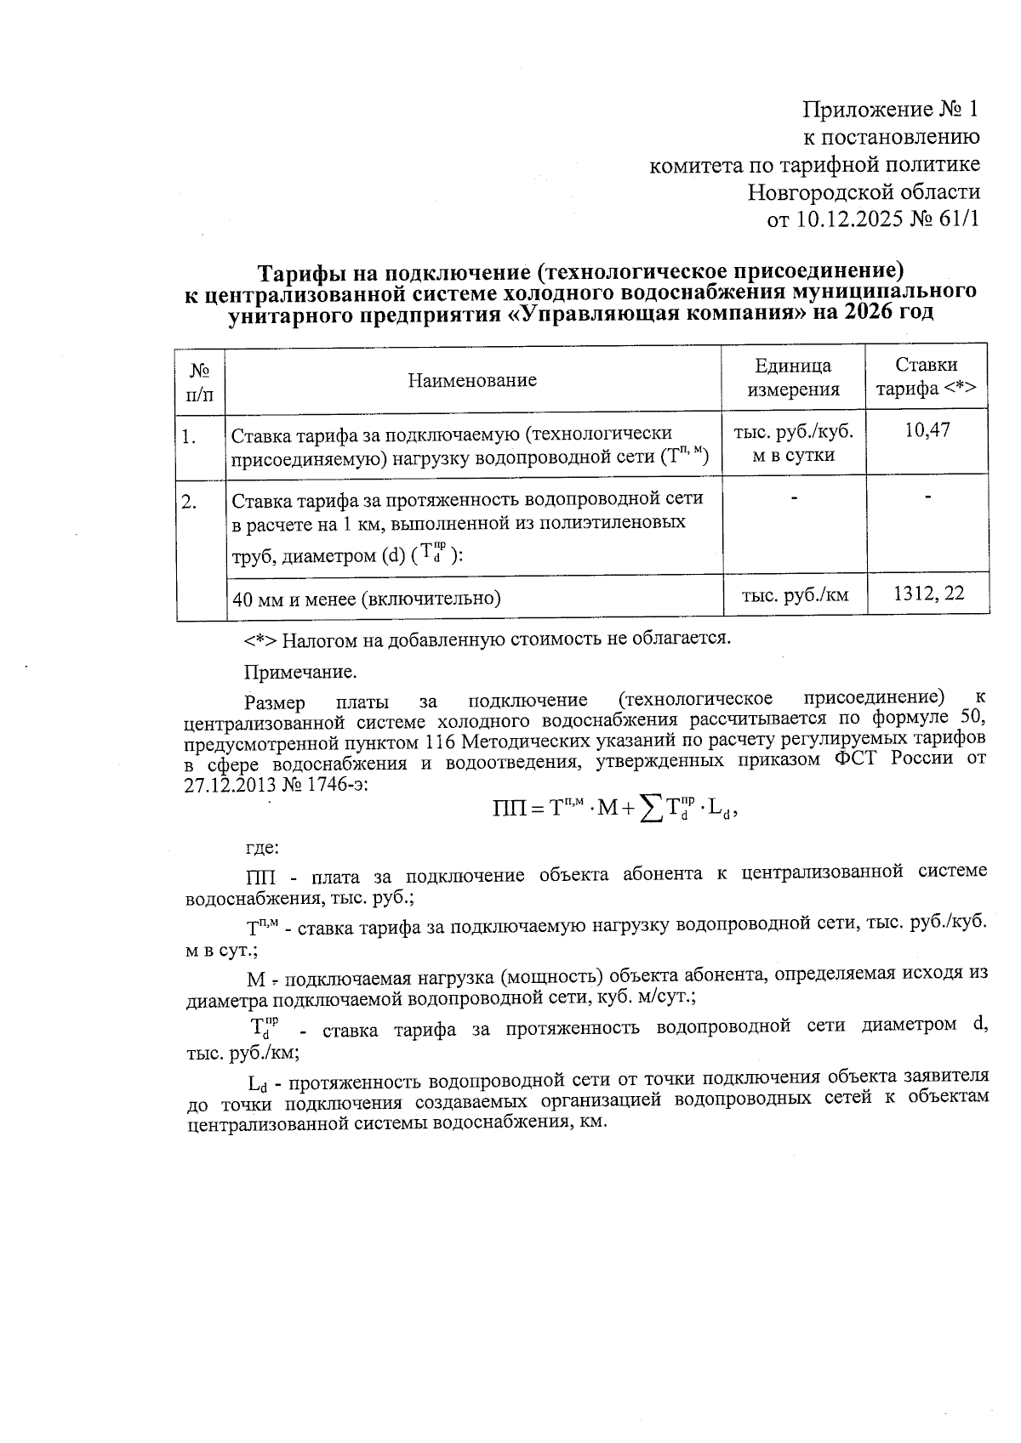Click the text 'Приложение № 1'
point(891,110)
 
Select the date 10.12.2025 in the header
point(848,219)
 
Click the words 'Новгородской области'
point(864,192)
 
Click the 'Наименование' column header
point(472,380)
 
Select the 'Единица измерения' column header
point(793,378)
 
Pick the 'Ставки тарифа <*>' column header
point(927,378)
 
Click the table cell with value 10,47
point(927,430)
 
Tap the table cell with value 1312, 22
point(928,594)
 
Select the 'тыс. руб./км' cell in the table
point(795,594)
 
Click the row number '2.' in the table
point(189,502)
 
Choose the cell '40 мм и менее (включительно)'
point(366,599)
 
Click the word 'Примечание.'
point(300,673)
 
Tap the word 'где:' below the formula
point(261,848)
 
